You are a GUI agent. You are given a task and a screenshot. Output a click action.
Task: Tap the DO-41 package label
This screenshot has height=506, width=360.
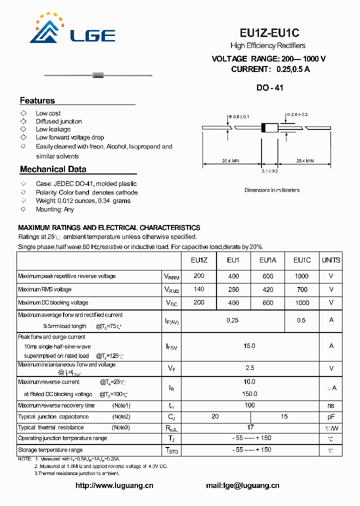click(x=269, y=87)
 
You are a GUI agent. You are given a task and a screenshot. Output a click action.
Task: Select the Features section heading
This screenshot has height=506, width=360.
click(x=37, y=100)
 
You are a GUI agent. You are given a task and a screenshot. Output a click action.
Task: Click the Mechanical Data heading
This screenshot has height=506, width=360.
click(x=53, y=169)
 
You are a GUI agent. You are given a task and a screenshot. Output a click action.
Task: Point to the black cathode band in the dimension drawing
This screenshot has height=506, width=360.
click(x=264, y=127)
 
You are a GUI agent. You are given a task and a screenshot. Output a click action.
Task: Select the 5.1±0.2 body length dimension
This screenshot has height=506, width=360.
click(x=269, y=171)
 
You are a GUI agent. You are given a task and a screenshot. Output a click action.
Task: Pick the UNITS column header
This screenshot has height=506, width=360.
click(x=331, y=260)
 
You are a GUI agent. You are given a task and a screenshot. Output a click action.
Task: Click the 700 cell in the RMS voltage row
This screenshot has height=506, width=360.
click(x=301, y=289)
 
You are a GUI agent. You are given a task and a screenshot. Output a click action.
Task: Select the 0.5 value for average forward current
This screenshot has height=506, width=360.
click(x=301, y=320)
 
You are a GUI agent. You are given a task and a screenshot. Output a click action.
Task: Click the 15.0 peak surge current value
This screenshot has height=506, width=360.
click(x=249, y=345)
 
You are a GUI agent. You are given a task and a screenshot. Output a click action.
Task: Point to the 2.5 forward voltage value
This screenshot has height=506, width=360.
click(x=250, y=367)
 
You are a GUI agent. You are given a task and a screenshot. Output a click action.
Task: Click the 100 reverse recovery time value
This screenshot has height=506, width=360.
click(x=250, y=405)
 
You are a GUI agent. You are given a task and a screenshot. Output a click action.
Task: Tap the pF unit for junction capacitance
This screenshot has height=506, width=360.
click(x=331, y=416)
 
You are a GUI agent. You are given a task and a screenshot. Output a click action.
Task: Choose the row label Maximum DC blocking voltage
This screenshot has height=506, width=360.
click(x=53, y=302)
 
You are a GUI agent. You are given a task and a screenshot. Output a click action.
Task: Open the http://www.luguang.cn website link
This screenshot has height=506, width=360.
click(x=114, y=485)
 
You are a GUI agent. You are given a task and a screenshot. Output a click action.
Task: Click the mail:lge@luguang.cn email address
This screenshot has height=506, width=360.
click(x=242, y=485)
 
